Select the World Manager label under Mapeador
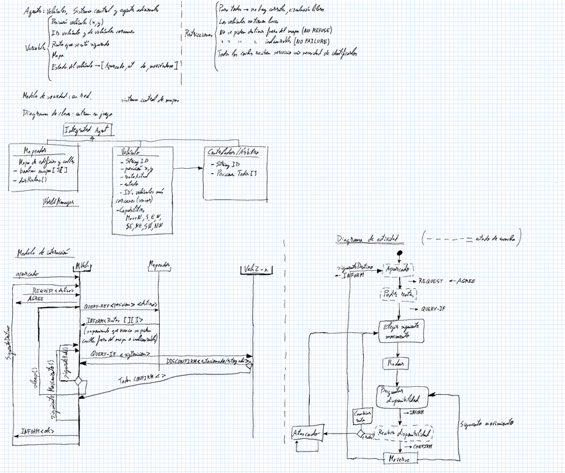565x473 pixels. [59, 201]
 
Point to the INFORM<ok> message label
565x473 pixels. [37, 431]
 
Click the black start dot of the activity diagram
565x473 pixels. [400, 254]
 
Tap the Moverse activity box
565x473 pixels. [400, 459]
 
